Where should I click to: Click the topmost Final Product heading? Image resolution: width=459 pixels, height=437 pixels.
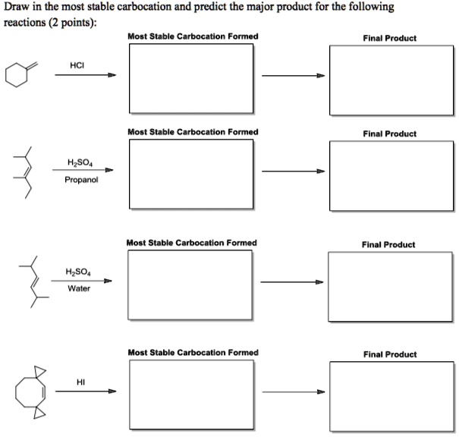pyautogui.click(x=390, y=38)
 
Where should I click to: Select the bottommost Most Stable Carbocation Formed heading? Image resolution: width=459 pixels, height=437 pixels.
pyautogui.click(x=193, y=353)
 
